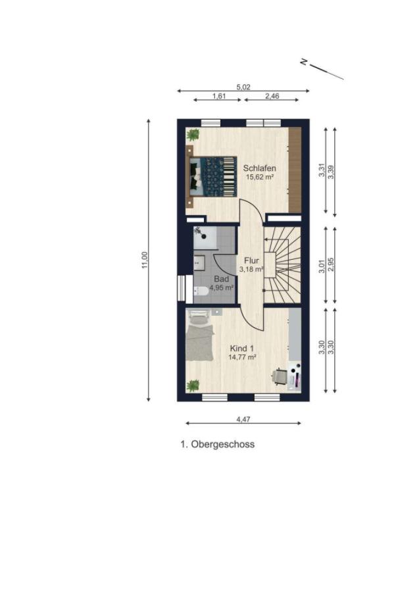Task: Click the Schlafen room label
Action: (x=259, y=168)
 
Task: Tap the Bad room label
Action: (x=222, y=280)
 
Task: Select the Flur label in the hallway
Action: (x=251, y=260)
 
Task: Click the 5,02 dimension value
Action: (x=243, y=87)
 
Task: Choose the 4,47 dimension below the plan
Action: (x=243, y=419)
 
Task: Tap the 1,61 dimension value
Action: (x=219, y=96)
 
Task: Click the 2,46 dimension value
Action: (x=272, y=96)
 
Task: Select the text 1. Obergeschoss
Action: (x=218, y=445)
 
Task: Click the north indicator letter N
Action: (x=303, y=62)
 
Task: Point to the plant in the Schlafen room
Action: (x=193, y=134)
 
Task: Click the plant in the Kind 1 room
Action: (x=193, y=385)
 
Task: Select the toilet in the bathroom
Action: (x=201, y=291)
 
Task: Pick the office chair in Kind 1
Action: (x=280, y=376)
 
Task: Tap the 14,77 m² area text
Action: (x=242, y=357)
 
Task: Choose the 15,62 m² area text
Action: (x=259, y=176)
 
